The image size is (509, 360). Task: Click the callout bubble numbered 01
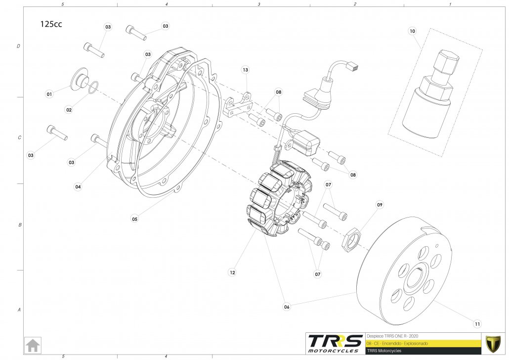click(49, 93)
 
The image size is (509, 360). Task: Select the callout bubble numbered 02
click(69, 109)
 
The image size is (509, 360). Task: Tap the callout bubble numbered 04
click(78, 187)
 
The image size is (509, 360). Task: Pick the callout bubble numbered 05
click(134, 218)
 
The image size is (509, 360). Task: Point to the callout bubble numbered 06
click(287, 307)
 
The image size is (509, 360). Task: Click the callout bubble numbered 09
click(380, 204)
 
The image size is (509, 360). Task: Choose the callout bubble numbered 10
click(413, 31)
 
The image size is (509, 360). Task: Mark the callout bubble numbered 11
click(477, 324)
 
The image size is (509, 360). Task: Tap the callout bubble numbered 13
click(245, 70)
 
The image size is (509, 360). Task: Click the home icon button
click(33, 345)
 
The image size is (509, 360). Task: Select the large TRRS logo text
click(334, 342)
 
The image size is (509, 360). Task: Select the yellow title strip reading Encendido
click(423, 343)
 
